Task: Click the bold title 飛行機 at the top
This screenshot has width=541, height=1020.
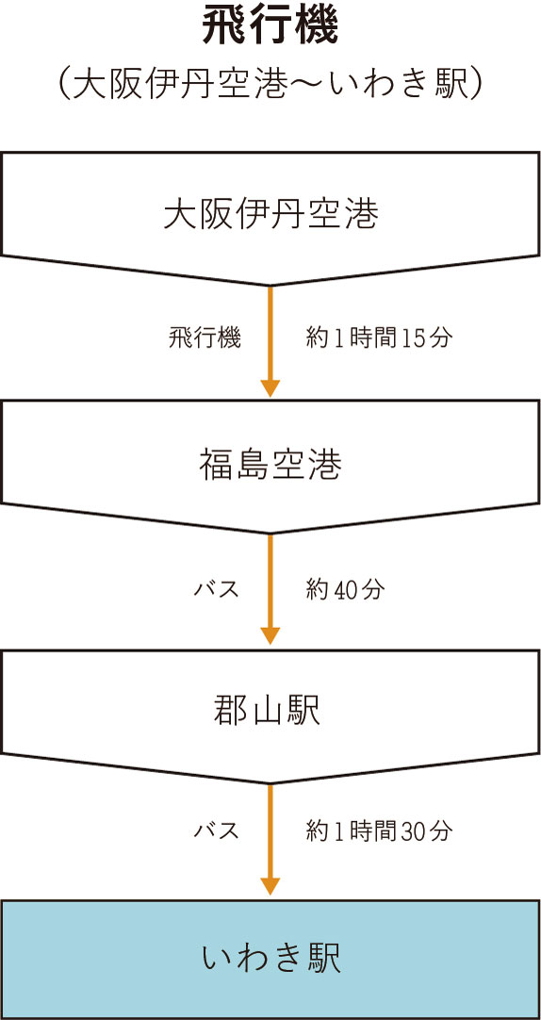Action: [x=270, y=27]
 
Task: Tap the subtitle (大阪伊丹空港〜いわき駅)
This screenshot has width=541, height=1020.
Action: [x=270, y=85]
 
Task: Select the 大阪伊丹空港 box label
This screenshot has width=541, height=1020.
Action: [x=270, y=215]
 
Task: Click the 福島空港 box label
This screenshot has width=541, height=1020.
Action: [x=270, y=466]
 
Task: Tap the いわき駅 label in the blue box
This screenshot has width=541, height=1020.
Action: [x=270, y=960]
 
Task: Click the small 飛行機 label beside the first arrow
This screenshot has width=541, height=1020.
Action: [x=205, y=338]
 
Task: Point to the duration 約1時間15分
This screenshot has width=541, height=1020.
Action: [x=379, y=338]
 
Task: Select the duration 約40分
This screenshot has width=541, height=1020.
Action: [x=345, y=589]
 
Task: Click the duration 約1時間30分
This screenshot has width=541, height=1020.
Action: [x=379, y=831]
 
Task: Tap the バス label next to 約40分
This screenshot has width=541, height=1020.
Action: [x=218, y=589]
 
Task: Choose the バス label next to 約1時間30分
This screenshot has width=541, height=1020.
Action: [x=218, y=831]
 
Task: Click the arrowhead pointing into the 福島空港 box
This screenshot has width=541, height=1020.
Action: [x=270, y=388]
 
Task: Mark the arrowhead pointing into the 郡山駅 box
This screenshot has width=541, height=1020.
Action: [x=270, y=635]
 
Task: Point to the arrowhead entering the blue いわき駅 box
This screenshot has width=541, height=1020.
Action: [x=270, y=887]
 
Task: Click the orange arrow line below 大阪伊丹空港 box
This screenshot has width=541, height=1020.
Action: [x=270, y=341]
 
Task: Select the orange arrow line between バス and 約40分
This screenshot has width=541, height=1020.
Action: [x=270, y=589]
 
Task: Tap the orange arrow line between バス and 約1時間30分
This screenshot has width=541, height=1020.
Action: [x=270, y=840]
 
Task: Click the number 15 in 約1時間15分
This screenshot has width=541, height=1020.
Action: [x=413, y=338]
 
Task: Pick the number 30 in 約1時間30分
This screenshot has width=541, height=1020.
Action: [x=413, y=831]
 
